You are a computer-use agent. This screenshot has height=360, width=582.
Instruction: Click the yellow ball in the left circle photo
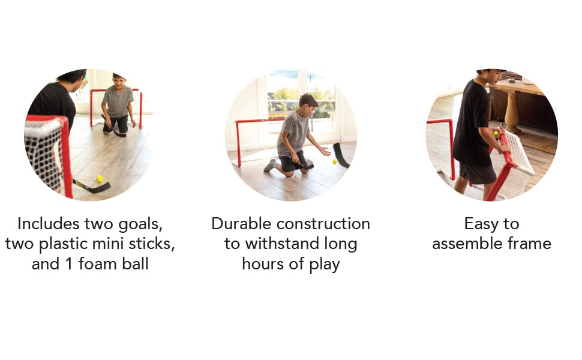coord(99,178)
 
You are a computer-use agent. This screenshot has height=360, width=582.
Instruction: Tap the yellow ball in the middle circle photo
coord(334,161)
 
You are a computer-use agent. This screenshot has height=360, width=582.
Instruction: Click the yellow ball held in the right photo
coord(496,134)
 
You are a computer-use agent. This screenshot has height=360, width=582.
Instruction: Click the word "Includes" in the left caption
coord(48,224)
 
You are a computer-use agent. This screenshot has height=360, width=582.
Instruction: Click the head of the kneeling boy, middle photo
coord(308,101)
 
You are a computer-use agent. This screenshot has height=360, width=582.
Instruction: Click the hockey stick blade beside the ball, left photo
coord(96,188)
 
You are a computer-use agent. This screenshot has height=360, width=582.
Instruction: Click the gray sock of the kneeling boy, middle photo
coord(270,166)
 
